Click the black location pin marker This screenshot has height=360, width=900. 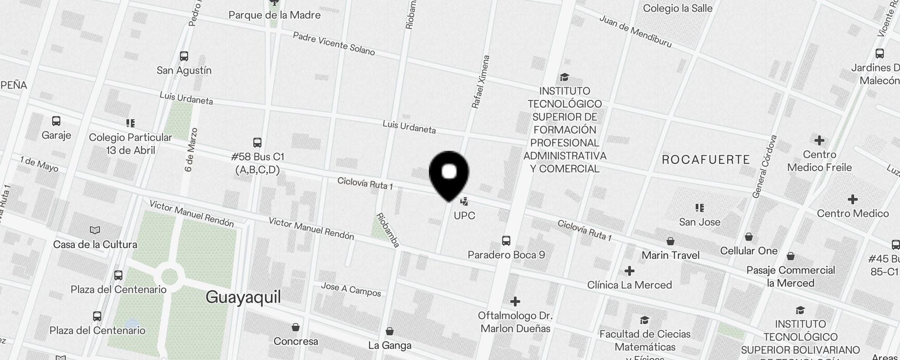tap(449, 174)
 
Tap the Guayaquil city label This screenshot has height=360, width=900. tap(243, 297)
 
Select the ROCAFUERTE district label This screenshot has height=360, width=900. tap(706, 160)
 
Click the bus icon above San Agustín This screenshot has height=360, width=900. tap(184, 56)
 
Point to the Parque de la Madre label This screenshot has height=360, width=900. tap(274, 15)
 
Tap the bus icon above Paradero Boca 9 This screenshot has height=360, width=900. tap(506, 241)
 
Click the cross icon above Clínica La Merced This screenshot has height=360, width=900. tap(629, 271)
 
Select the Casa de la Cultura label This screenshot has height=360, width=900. tap(95, 245)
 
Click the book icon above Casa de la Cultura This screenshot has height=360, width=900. tap(95, 230)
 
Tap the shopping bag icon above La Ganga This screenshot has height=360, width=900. tap(390, 332)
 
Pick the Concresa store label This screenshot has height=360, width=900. tap(296, 342)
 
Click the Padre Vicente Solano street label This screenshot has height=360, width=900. tap(334, 44)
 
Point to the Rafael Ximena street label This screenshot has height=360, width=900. tap(480, 82)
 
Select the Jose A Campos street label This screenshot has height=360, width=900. tap(351, 289)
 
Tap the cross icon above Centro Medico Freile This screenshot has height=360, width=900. tap(819, 140)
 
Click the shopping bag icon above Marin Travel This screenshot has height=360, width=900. tap(670, 241)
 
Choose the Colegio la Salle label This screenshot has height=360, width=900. tap(678, 9)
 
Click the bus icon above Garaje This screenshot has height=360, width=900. tap(56, 121)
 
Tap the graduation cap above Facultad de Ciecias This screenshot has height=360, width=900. tap(645, 320)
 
